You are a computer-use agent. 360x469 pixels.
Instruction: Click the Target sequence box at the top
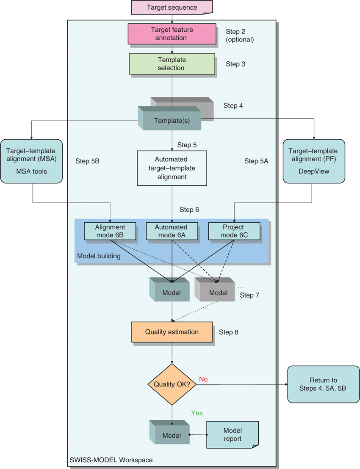[172, 8]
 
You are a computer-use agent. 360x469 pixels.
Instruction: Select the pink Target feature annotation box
[172, 33]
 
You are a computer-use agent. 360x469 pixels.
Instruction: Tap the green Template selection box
[172, 64]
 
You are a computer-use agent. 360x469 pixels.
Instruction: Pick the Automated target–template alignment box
[172, 168]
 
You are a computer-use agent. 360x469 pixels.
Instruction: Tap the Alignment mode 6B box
[110, 231]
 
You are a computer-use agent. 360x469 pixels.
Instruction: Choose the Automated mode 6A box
[172, 231]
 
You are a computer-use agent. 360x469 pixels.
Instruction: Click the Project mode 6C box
[233, 231]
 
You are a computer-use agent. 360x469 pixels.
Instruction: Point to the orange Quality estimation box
[172, 332]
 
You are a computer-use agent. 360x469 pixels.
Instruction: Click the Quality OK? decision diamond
[172, 384]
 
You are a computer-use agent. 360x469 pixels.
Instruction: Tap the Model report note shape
[232, 435]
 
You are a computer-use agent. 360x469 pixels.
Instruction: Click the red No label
[203, 379]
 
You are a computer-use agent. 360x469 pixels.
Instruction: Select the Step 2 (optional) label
[240, 36]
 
